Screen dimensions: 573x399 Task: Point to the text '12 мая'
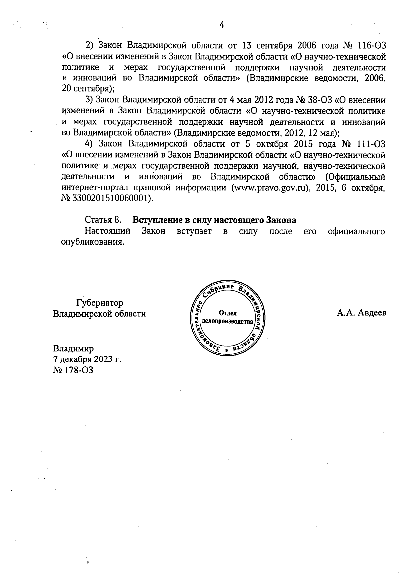(322, 133)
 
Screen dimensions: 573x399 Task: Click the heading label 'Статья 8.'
(103, 220)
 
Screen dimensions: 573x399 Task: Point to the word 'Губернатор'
(99, 303)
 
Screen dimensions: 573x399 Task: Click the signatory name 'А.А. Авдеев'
(361, 313)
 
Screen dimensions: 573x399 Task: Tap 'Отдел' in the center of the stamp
(228, 313)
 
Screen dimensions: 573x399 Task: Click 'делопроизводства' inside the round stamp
(228, 322)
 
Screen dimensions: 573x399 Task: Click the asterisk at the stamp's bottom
(227, 351)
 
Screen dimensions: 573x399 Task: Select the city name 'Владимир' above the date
(73, 348)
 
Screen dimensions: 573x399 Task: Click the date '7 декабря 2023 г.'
(87, 359)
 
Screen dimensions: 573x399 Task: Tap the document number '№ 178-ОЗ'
(73, 370)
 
